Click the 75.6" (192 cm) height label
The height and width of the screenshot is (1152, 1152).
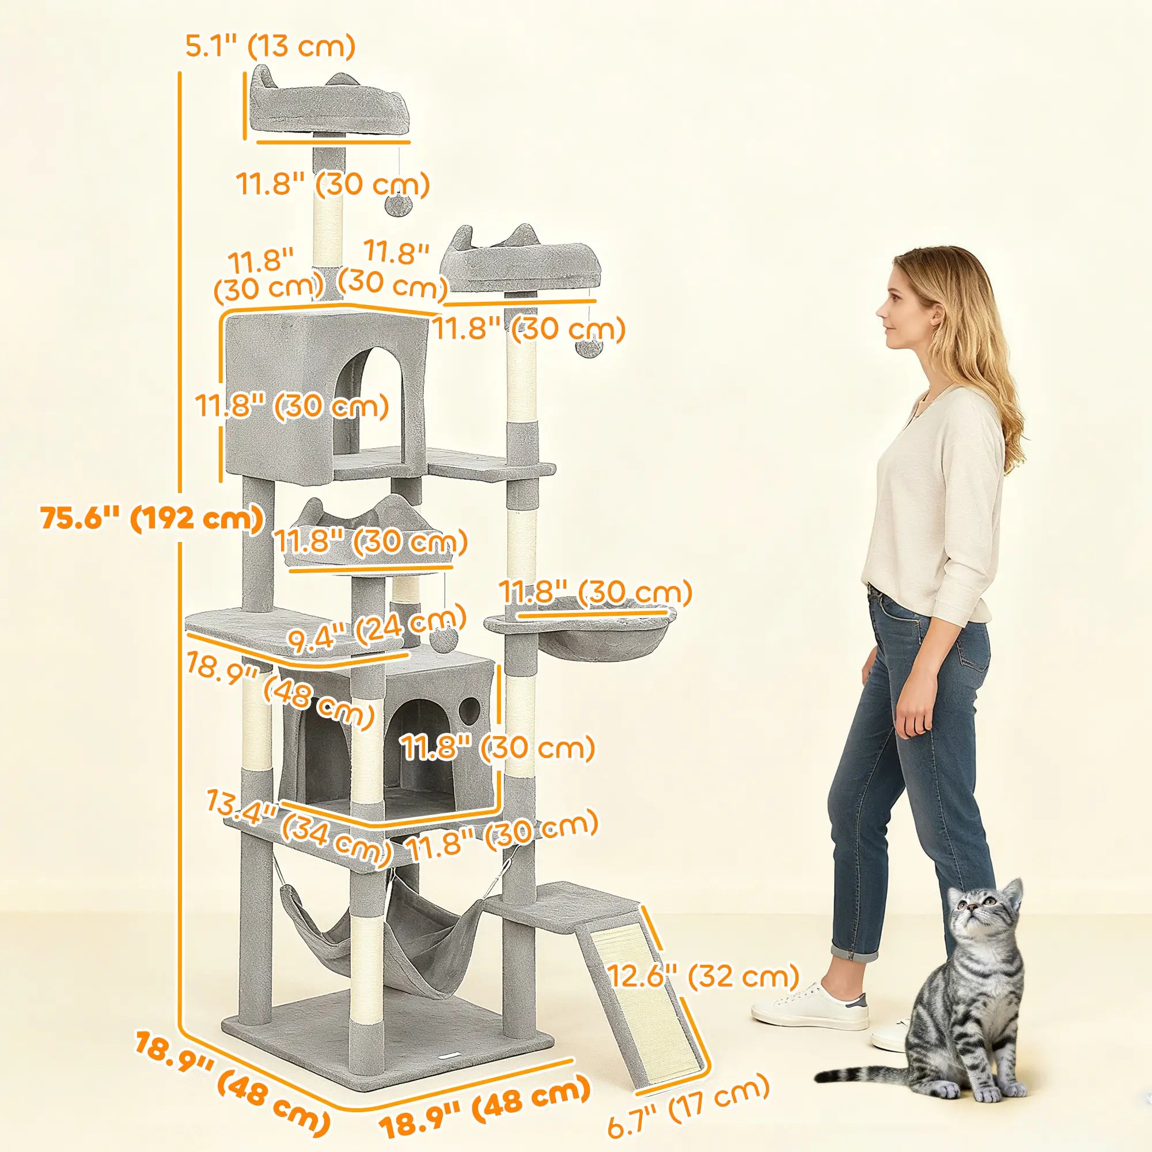152,518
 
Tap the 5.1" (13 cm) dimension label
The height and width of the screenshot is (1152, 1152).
270,46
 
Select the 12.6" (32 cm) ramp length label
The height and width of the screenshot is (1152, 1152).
702,976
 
